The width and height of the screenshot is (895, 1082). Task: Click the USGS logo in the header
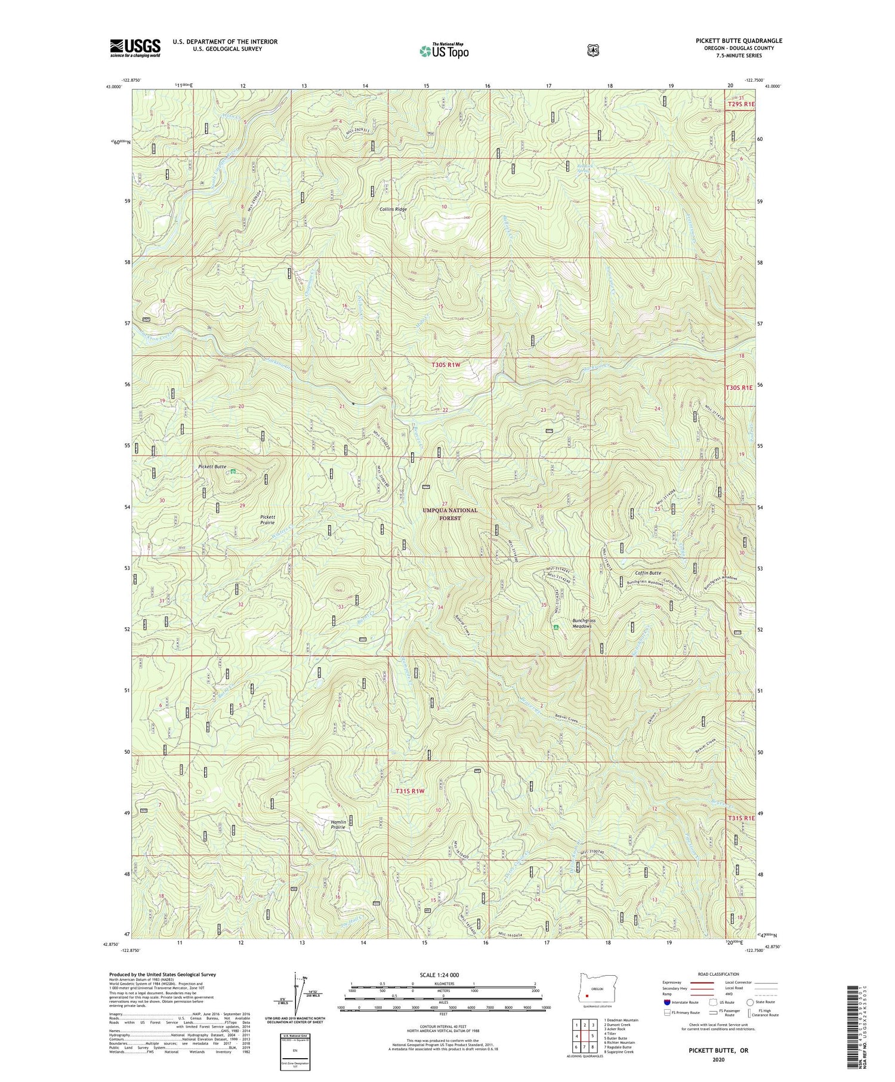click(x=135, y=48)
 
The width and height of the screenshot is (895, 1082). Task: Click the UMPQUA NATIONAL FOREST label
click(x=450, y=514)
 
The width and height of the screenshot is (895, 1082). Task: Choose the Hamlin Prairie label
click(x=338, y=824)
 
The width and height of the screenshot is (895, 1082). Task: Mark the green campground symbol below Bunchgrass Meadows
click(x=556, y=628)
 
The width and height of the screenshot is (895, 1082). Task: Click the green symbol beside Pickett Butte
click(x=232, y=471)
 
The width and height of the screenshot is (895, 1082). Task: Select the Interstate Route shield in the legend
click(x=666, y=1002)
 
